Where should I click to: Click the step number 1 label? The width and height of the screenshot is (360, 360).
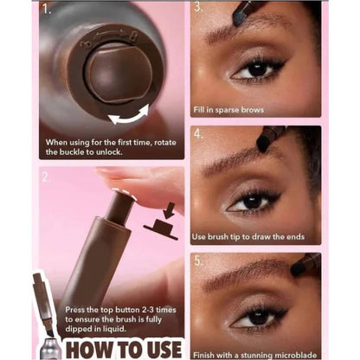pos(47,10)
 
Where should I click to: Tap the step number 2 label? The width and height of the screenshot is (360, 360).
pos(46,177)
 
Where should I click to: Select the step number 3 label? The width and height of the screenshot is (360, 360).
pos(198,6)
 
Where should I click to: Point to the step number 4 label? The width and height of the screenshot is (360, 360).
pos(198,134)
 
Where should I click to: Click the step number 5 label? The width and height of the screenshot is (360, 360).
pos(198,260)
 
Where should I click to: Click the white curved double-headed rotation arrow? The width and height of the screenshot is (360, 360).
pos(129,116)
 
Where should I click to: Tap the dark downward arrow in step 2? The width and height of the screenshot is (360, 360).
pos(170,210)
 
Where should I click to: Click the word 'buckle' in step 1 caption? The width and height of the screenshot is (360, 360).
pos(70,151)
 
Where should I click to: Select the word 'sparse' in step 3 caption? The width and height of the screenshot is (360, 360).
pos(228,110)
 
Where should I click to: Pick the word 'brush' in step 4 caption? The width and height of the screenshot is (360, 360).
pos(218,237)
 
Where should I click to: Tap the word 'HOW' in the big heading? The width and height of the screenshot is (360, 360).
pos(85,350)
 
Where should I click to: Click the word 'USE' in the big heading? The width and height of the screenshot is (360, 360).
pos(164,350)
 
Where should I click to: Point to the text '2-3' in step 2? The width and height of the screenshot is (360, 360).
pos(148,310)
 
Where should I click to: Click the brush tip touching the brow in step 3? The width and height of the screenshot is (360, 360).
pos(239,18)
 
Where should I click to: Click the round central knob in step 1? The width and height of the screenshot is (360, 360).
pos(119,74)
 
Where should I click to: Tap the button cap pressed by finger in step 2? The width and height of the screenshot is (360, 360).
pos(124,193)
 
